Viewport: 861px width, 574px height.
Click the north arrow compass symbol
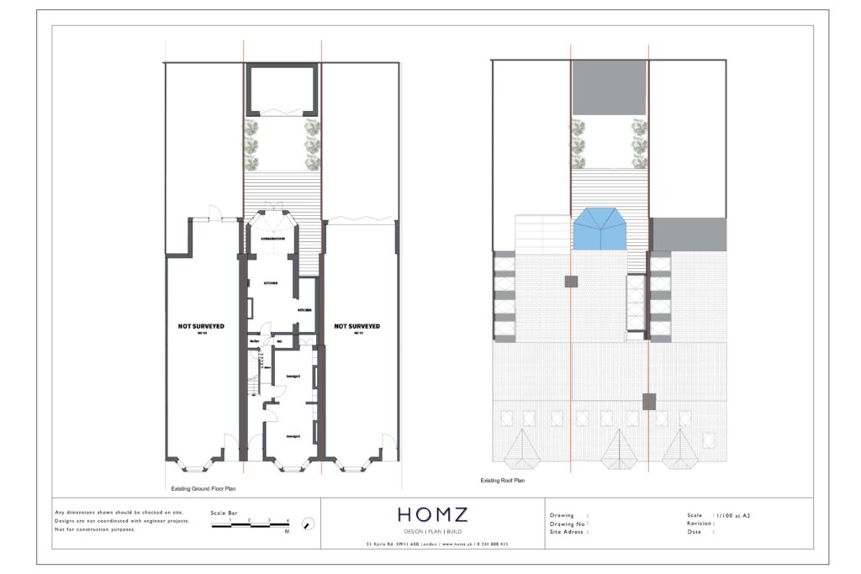point(309,524)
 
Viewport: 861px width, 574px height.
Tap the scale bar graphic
point(250,524)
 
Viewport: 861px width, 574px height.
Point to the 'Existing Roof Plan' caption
point(502,481)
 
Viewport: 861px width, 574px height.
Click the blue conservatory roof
point(600,230)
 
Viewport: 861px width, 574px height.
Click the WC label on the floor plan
point(278,342)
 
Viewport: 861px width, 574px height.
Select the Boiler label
point(254,342)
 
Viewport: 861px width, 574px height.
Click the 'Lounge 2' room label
point(293,376)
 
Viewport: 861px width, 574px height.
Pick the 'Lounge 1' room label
point(293,436)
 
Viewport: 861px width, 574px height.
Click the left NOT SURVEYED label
point(202,326)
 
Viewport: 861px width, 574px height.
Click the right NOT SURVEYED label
point(357,326)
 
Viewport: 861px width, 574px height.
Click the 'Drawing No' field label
point(568,524)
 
